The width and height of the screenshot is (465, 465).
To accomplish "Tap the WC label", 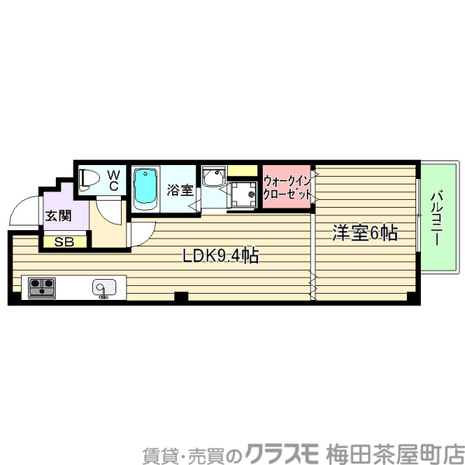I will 112,180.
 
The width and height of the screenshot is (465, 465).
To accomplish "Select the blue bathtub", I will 145,188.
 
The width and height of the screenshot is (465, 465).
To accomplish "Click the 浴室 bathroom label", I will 181,190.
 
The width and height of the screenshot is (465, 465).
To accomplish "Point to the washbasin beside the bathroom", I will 212,179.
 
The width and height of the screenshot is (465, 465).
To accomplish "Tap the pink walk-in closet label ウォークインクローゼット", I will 287,187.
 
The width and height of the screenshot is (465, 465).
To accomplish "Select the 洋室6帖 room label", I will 365,232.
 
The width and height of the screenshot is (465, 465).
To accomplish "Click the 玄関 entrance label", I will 56,216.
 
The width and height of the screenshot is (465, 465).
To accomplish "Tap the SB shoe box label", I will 64,242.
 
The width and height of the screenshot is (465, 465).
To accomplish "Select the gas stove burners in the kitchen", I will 40,288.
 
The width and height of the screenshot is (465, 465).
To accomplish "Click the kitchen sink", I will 104,288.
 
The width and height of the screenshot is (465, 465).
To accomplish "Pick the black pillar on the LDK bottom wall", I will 181,296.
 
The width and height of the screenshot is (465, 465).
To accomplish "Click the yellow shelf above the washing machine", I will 242,170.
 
